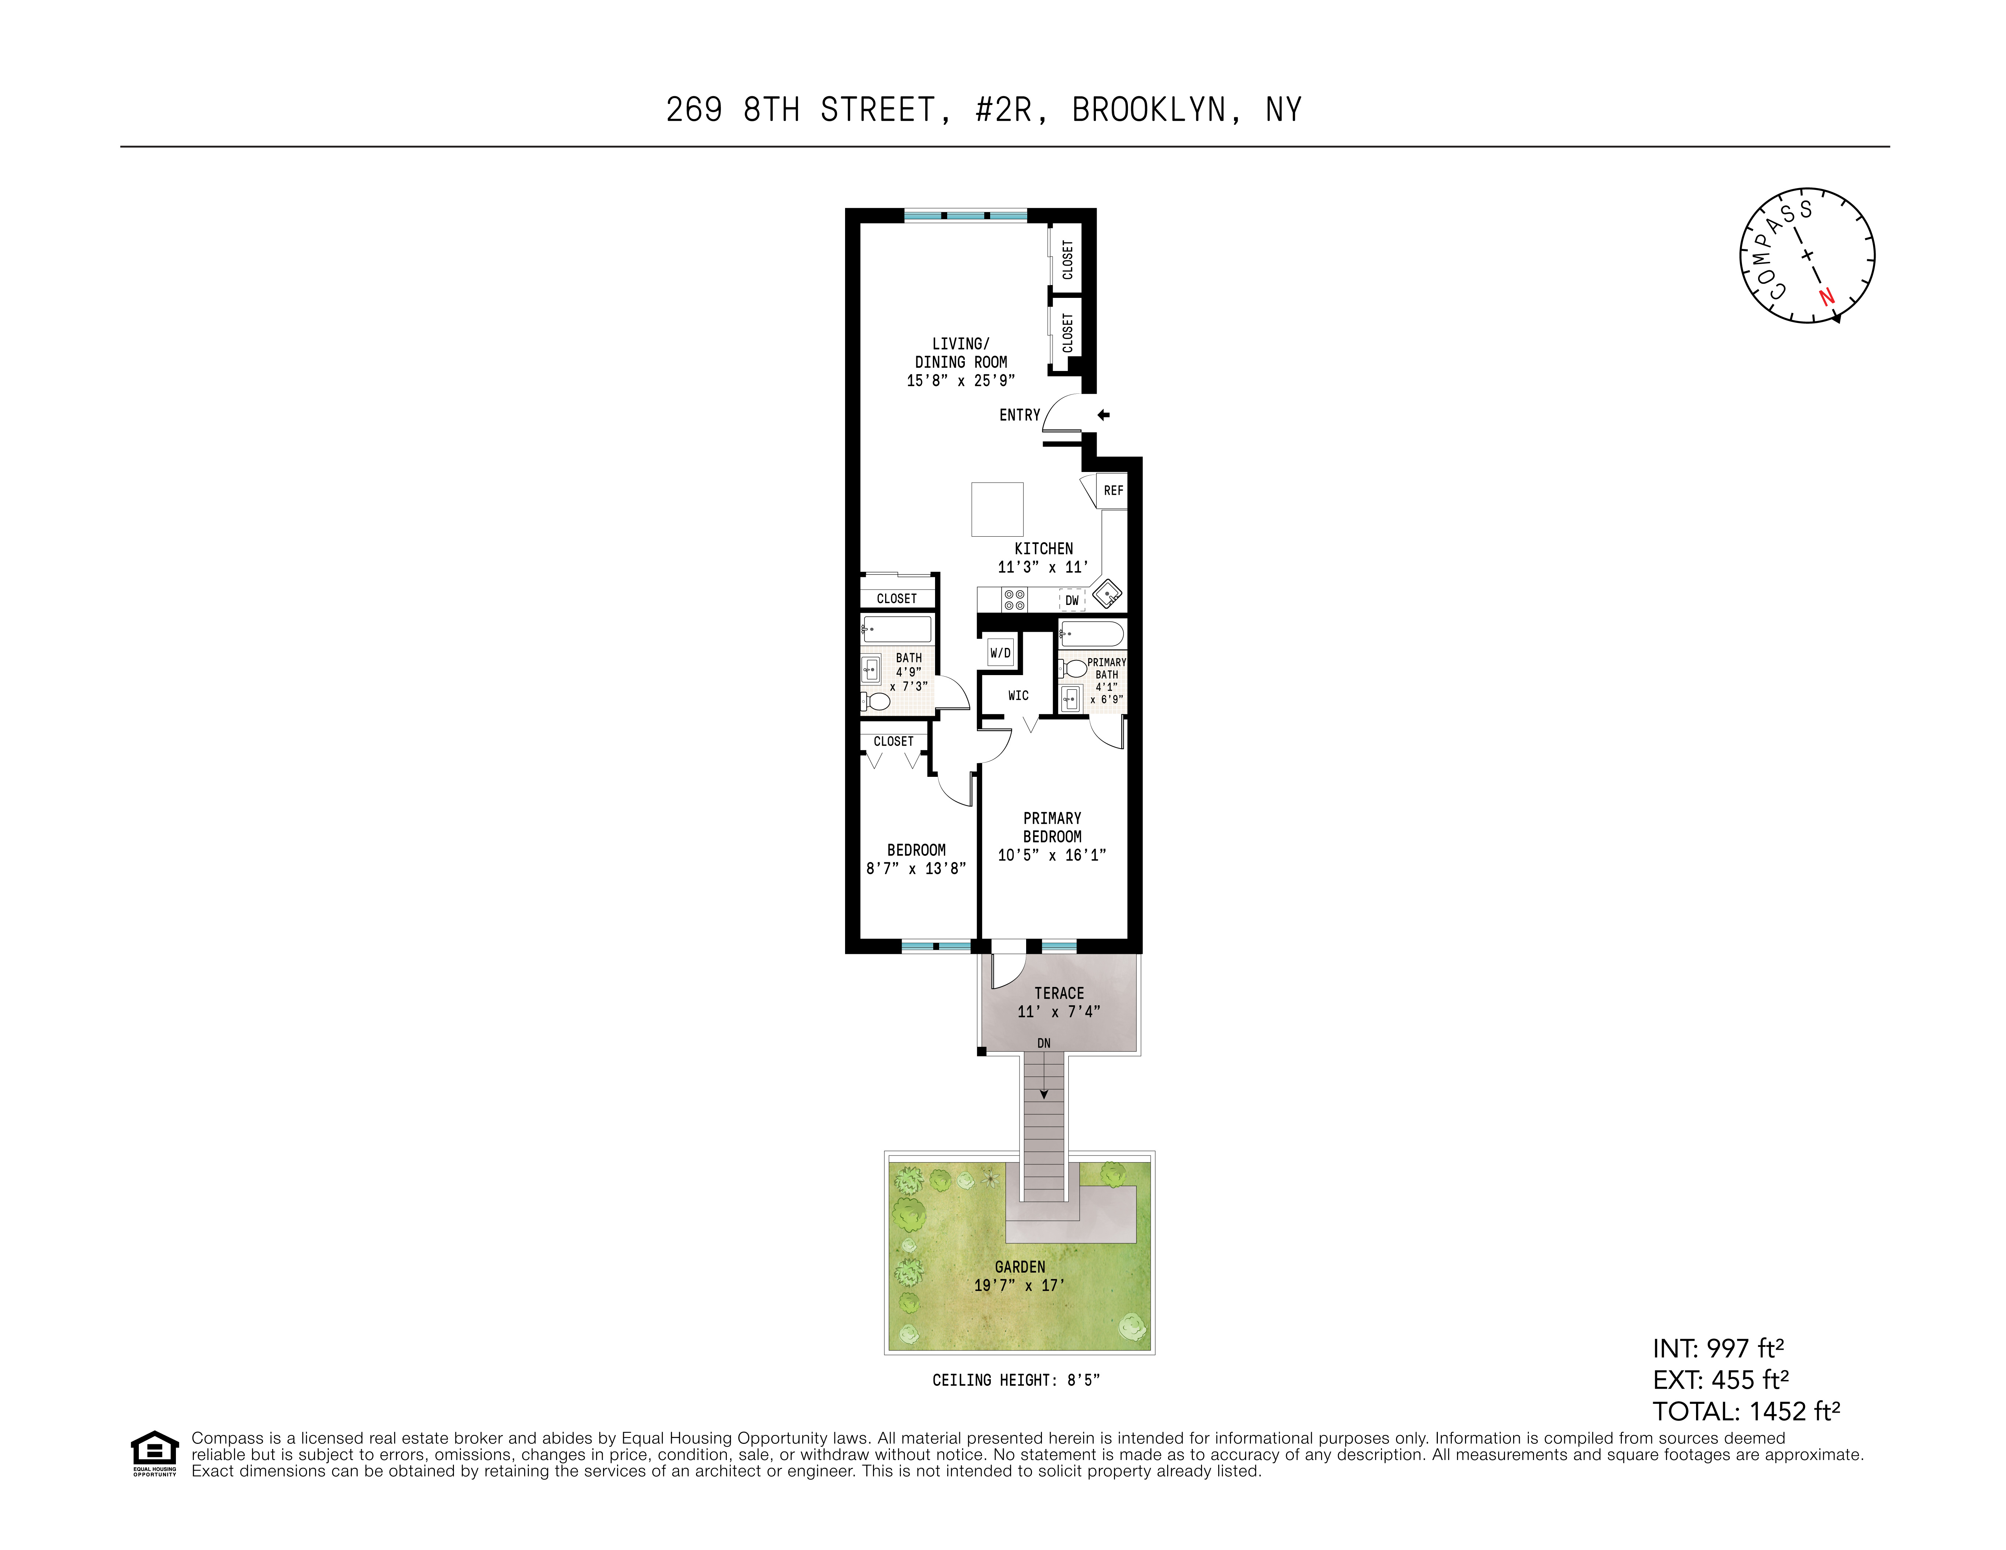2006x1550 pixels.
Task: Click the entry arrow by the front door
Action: (x=1103, y=415)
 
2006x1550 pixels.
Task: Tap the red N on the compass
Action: (x=1826, y=297)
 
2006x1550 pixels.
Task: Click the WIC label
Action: (x=1018, y=696)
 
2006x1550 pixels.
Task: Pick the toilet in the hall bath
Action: (x=877, y=702)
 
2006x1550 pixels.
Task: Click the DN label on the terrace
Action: (x=1043, y=1043)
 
